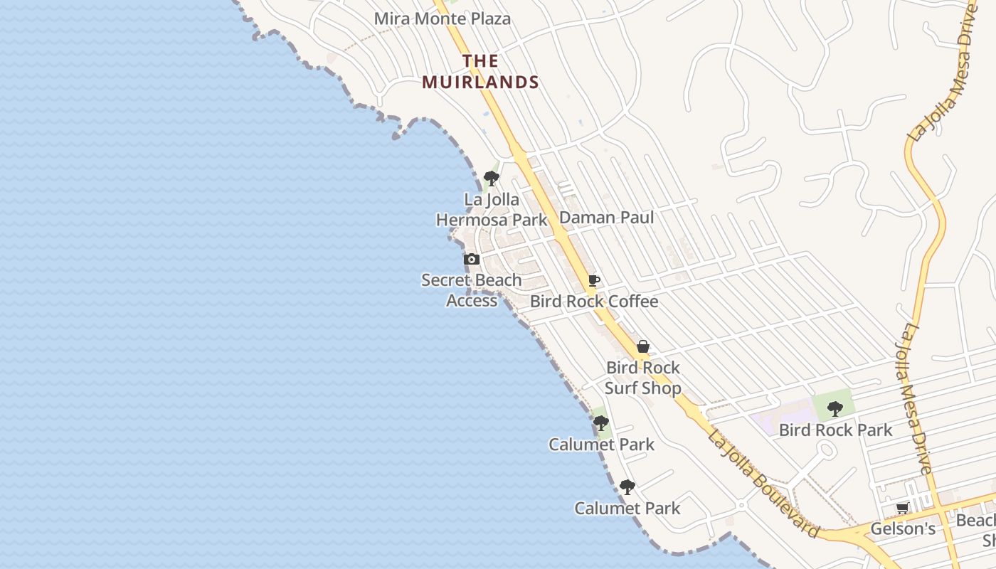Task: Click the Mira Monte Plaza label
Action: point(443,18)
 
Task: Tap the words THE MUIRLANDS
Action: point(480,72)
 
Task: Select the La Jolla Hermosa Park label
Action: point(492,210)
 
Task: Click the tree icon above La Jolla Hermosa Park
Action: point(491,178)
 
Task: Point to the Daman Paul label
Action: point(606,217)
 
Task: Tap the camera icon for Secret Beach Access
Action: point(471,260)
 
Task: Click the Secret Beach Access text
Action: point(472,290)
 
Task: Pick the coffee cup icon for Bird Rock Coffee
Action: point(593,281)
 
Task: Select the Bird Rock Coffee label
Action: point(594,302)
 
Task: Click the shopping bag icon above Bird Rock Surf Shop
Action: point(643,346)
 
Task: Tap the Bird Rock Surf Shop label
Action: point(643,378)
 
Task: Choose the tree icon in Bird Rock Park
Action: point(835,409)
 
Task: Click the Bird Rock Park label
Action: point(835,430)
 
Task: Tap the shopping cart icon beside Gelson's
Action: point(903,508)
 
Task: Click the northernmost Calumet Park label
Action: point(601,445)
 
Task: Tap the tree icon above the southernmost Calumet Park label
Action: point(627,487)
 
